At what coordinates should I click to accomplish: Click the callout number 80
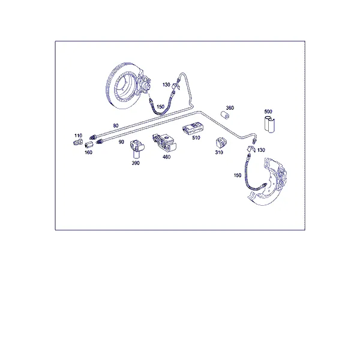116,125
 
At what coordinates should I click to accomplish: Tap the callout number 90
121,142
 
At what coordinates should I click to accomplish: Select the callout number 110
78,136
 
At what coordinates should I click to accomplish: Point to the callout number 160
88,152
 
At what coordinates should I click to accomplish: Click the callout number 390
136,163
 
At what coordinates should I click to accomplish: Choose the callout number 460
166,157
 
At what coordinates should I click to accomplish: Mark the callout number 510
196,137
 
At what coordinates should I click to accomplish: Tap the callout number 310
219,152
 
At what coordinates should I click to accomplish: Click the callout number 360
230,107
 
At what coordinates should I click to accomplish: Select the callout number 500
268,112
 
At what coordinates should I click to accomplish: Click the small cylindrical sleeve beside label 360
225,115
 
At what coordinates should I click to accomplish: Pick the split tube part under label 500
269,125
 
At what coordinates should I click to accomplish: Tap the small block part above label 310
221,143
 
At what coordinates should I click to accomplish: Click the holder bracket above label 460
164,142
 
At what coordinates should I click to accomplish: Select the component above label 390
137,149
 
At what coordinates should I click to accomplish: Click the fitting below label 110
78,142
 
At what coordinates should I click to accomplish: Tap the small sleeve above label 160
89,145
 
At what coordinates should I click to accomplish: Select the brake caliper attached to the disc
144,86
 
